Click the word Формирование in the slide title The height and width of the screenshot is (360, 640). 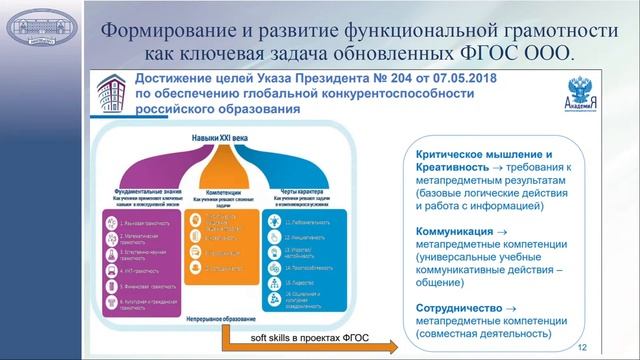(x=166, y=26)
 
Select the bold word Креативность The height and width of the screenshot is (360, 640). (x=453, y=171)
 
